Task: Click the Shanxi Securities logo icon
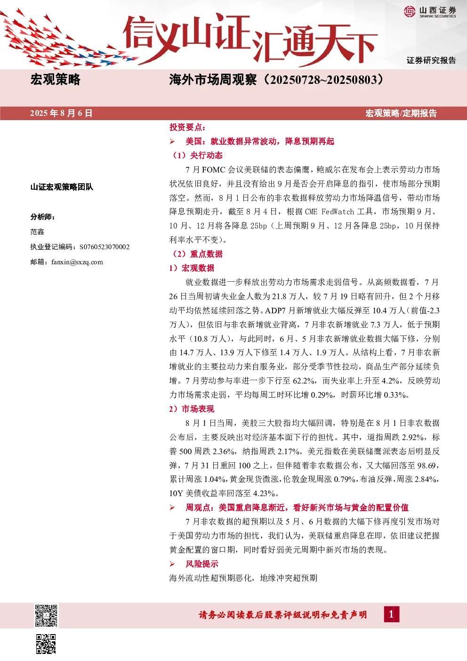tap(410, 12)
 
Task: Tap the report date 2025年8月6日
tap(61, 114)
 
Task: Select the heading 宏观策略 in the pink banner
tap(55, 80)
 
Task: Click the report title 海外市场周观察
tap(213, 80)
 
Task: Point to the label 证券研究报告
tap(431, 60)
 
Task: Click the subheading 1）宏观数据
tap(192, 268)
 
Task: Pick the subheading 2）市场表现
tap(192, 409)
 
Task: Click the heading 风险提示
tap(202, 564)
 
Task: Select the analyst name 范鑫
tap(37, 232)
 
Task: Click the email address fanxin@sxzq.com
tap(77, 262)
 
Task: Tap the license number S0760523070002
tap(105, 247)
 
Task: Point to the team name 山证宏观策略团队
tap(62, 187)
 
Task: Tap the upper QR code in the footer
tap(46, 616)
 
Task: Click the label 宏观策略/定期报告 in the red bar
tap(401, 114)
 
